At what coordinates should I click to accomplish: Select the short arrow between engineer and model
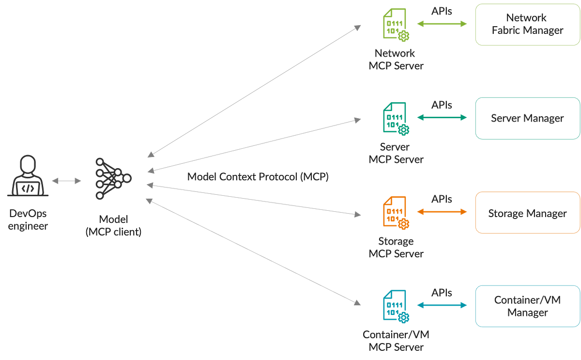click(x=67, y=181)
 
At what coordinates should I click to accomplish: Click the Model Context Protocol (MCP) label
click(x=258, y=177)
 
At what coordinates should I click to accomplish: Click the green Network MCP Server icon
click(x=396, y=24)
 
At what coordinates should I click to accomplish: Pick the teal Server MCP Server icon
click(x=396, y=118)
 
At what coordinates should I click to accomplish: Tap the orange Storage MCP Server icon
click(x=396, y=212)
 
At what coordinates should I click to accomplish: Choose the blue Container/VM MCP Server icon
click(x=396, y=305)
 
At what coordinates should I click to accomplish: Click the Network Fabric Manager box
click(x=527, y=24)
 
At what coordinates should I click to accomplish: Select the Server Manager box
click(x=527, y=118)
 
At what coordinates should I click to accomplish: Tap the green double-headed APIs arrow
click(x=442, y=24)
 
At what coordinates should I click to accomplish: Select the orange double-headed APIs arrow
click(x=442, y=212)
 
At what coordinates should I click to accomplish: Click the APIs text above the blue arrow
click(x=442, y=293)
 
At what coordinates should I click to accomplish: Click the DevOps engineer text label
click(x=28, y=219)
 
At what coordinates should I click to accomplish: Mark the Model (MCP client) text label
click(x=113, y=225)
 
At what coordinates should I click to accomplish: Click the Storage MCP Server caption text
click(x=396, y=247)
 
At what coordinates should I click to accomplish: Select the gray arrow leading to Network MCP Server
click(x=254, y=90)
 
